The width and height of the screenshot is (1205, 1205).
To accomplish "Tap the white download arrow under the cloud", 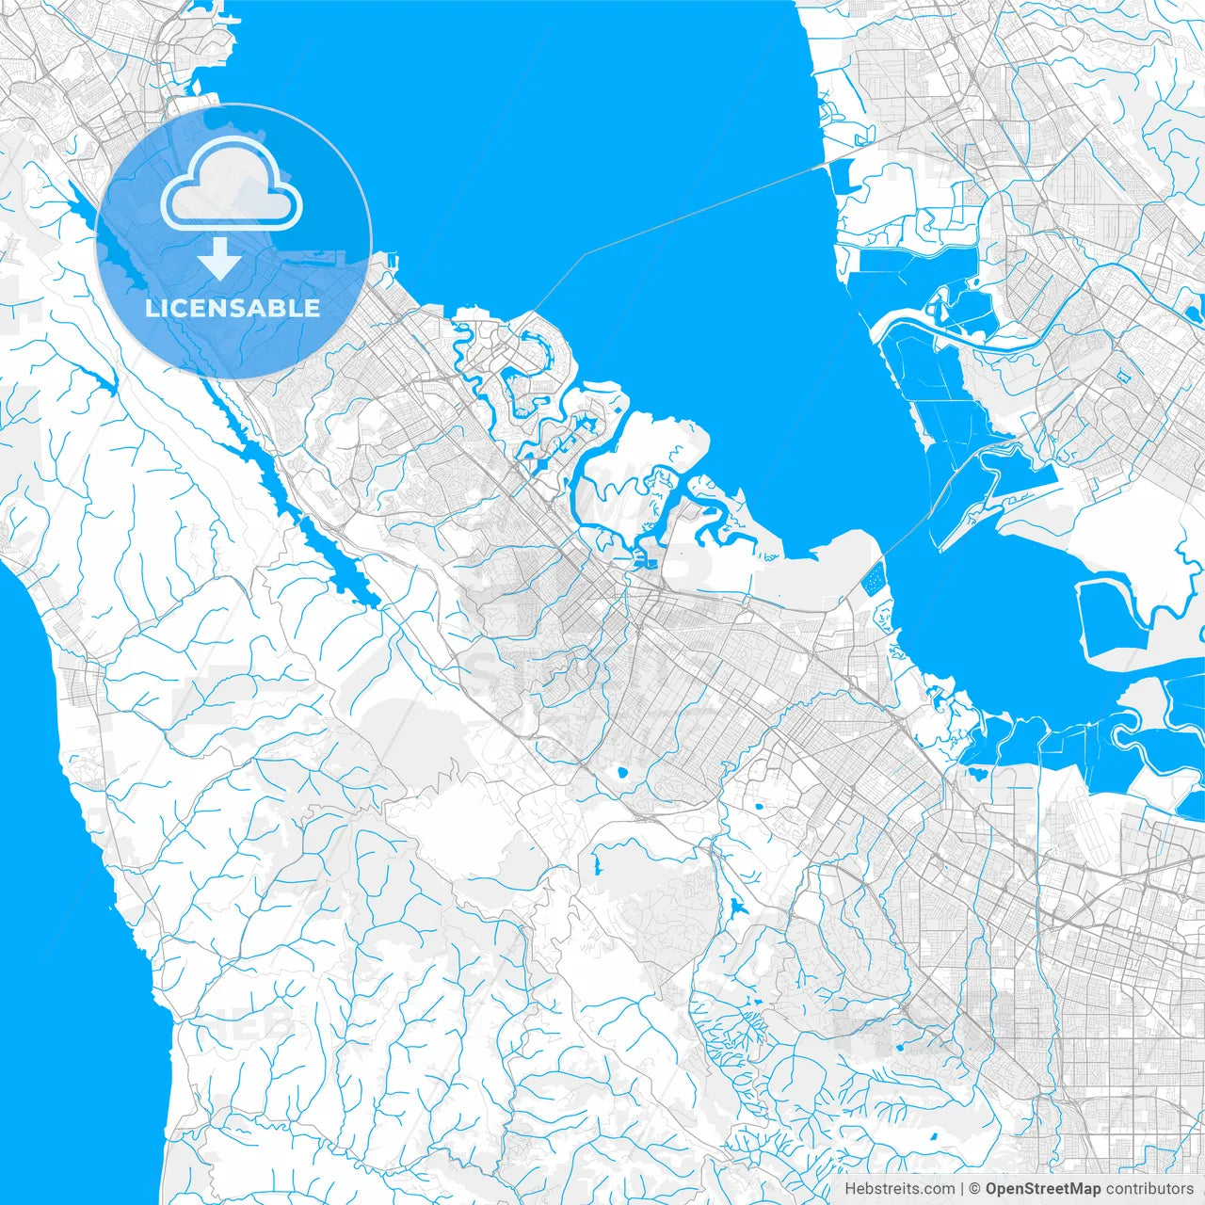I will click(220, 259).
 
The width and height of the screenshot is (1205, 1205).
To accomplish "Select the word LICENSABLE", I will click(233, 308).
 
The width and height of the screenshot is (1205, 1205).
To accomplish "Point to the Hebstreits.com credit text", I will click(899, 1189).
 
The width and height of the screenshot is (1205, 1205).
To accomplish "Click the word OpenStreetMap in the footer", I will click(1043, 1189).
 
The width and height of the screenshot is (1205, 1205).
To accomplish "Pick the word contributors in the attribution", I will click(1149, 1189).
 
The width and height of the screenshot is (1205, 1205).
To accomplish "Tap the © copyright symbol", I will click(976, 1189).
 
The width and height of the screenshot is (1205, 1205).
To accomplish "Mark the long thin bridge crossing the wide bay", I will click(706, 207).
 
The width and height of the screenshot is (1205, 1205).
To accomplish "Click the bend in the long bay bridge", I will click(585, 254).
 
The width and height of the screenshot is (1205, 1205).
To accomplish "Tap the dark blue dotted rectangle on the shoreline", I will click(874, 577).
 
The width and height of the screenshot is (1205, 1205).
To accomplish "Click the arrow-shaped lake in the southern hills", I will click(734, 908).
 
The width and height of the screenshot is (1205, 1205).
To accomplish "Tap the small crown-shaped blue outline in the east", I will click(1123, 377).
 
